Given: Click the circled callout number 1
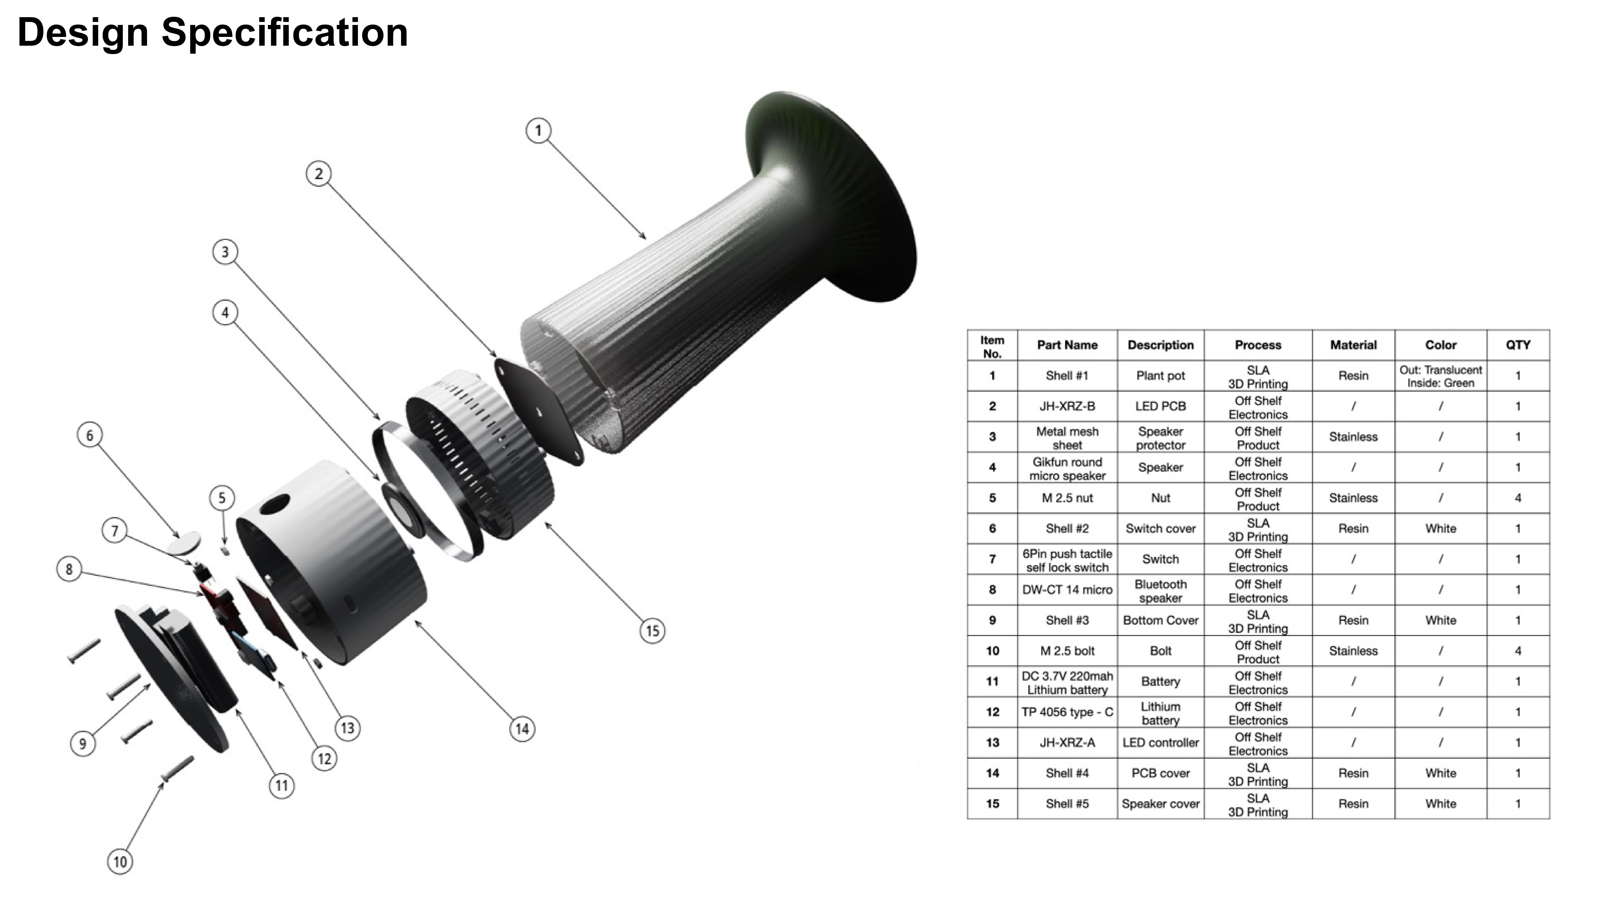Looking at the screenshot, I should point(538,131).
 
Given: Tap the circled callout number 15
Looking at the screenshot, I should point(652,631).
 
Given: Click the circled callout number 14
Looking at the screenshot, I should point(522,729).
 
